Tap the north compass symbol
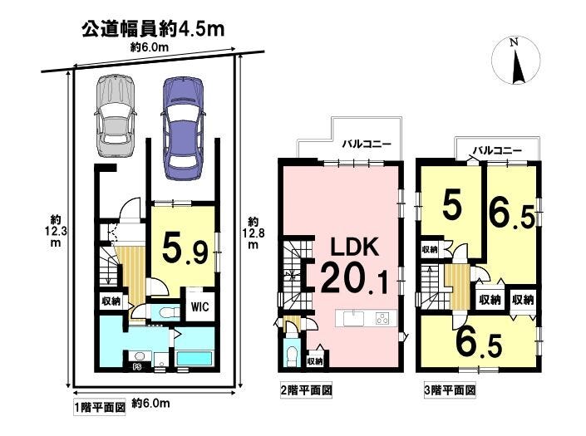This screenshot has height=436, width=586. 516,61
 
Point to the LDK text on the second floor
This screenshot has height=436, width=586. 355,247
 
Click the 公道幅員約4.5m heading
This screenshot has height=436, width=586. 153,29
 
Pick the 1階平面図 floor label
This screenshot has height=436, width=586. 99,407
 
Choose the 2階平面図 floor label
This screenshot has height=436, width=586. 306,390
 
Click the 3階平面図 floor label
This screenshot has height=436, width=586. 450,390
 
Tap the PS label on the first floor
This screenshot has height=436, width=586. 137,366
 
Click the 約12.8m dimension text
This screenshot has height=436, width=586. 253,233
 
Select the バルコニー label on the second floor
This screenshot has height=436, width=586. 367,145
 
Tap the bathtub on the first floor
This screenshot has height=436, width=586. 194,358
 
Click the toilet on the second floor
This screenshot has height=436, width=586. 292,355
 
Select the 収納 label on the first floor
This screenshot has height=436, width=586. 111,301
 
